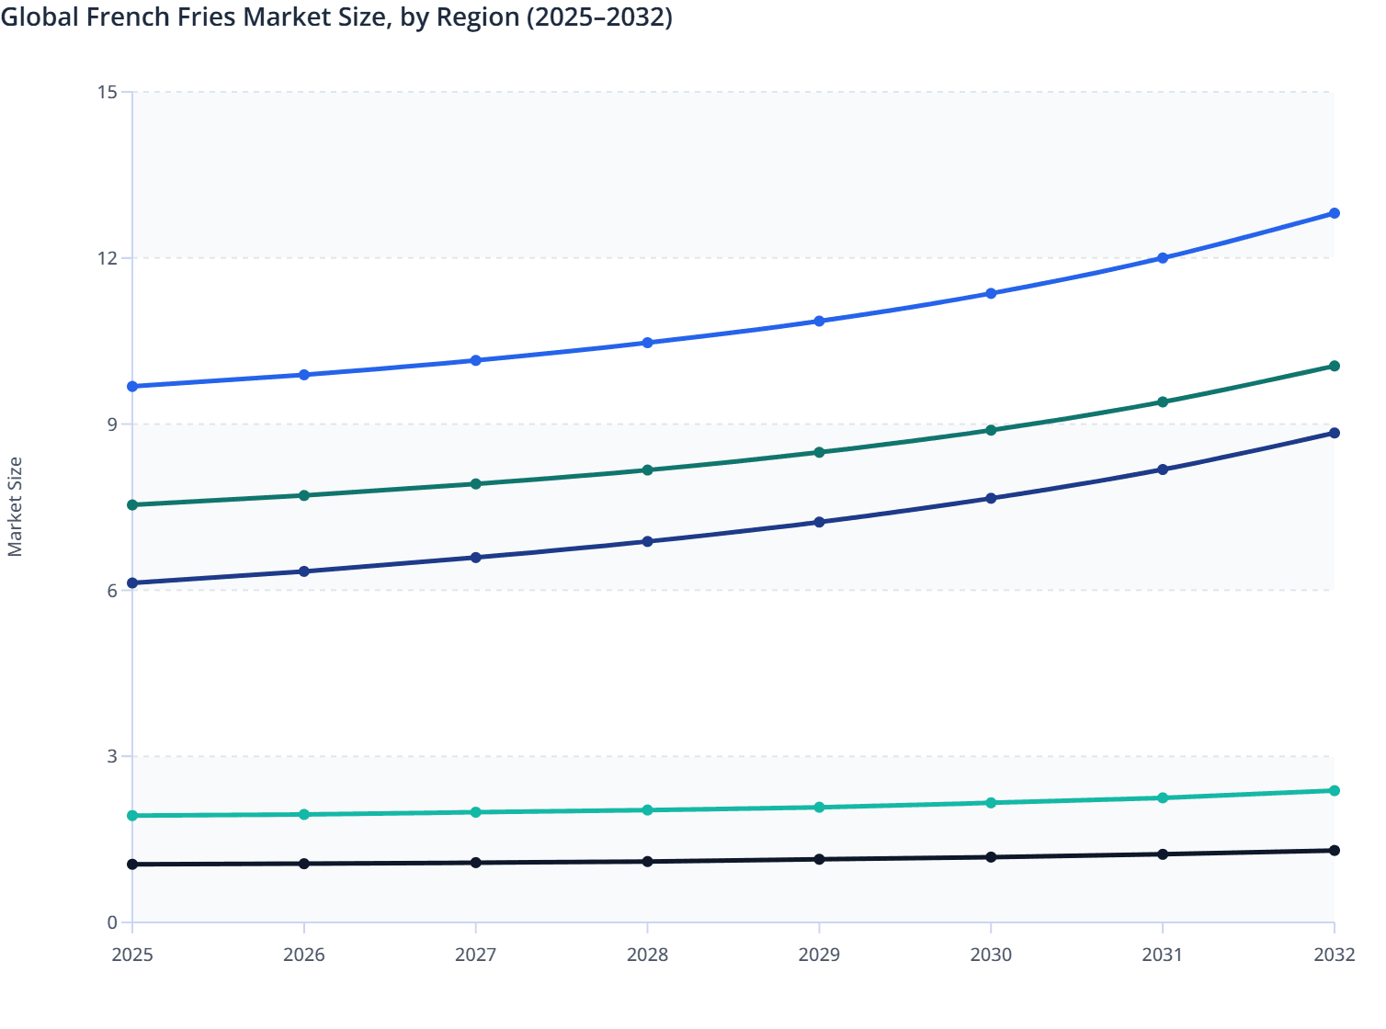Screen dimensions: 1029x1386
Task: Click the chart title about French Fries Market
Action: [x=336, y=17]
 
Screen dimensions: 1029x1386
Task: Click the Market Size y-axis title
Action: [x=16, y=506]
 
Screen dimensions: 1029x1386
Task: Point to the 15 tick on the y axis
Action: [x=108, y=92]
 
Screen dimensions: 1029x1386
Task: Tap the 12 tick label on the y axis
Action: [x=108, y=258]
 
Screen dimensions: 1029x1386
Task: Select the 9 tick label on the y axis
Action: [x=112, y=424]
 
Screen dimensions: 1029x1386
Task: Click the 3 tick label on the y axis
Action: [x=112, y=756]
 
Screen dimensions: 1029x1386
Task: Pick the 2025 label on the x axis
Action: [x=132, y=955]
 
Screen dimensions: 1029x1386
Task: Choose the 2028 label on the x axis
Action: [x=647, y=955]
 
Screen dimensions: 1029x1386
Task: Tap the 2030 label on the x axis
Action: [x=991, y=955]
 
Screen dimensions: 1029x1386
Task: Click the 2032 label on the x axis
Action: [x=1334, y=955]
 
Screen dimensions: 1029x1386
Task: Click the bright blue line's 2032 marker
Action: [x=1334, y=213]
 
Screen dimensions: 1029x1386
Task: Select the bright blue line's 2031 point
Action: [x=1163, y=258]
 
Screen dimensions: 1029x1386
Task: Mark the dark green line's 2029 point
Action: [x=819, y=452]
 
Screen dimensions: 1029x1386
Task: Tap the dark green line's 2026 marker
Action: [x=304, y=495]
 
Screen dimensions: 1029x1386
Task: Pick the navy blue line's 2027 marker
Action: [x=476, y=558]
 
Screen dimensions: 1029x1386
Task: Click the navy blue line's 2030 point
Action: [x=991, y=498]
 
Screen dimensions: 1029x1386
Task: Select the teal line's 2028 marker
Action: [x=647, y=809]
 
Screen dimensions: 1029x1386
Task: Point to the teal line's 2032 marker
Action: [x=1334, y=790]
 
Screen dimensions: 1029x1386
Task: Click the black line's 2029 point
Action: [x=819, y=859]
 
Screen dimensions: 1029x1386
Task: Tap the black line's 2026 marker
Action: [x=304, y=864]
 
